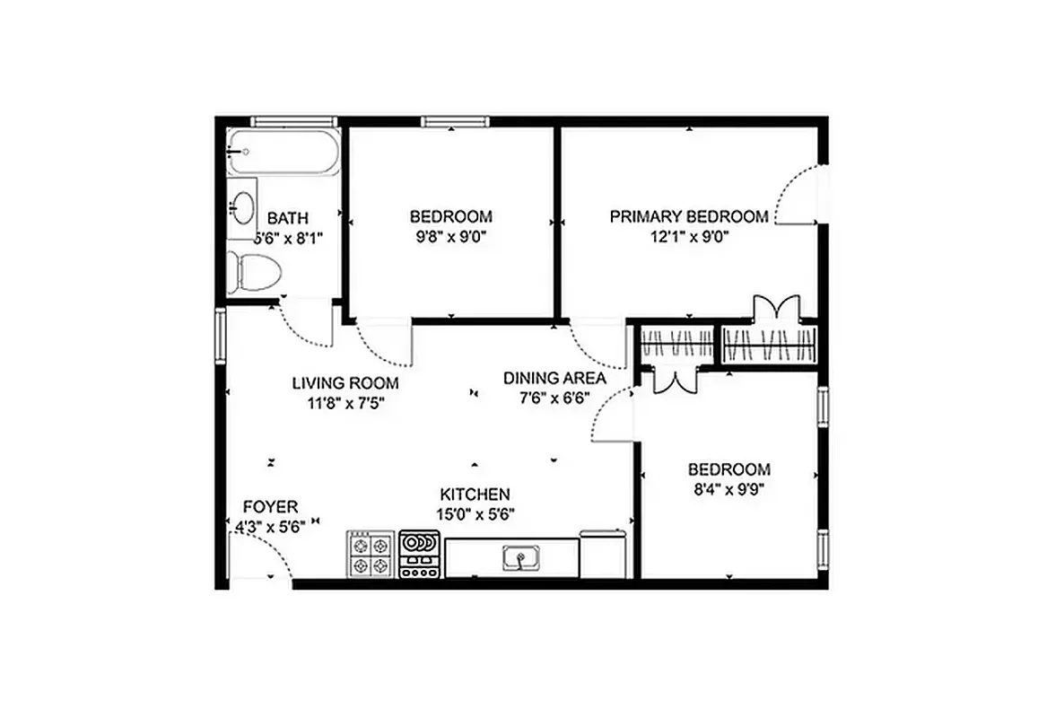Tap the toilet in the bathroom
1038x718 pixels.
tap(254, 272)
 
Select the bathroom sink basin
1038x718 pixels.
tap(241, 209)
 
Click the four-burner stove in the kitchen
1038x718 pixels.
tap(371, 555)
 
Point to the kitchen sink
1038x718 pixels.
tap(519, 559)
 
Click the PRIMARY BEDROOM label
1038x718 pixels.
tap(689, 216)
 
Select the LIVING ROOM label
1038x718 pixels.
tap(345, 383)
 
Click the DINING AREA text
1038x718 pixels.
tap(554, 378)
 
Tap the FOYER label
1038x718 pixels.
tap(270, 507)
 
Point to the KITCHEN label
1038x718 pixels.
tap(475, 495)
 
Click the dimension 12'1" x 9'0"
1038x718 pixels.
tap(689, 238)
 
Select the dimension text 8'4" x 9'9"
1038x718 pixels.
tap(728, 490)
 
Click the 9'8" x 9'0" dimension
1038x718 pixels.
tap(450, 238)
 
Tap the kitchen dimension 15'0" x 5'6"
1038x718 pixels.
tap(475, 515)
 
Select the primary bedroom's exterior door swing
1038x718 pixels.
tap(797, 195)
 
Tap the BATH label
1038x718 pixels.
tap(288, 218)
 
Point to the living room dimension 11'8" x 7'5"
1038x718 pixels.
tap(345, 404)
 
